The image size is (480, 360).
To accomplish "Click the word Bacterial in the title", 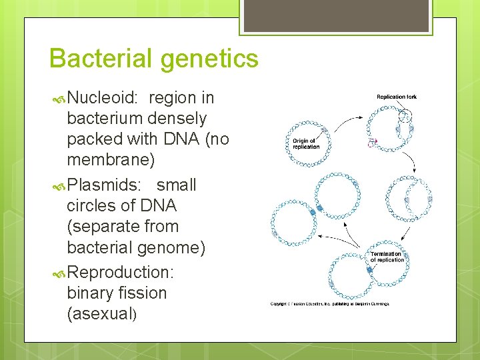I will click(x=101, y=58).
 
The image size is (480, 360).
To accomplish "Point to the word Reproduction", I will click(x=121, y=272).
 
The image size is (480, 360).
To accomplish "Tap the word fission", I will click(x=144, y=293).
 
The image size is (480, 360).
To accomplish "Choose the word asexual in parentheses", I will click(x=102, y=314).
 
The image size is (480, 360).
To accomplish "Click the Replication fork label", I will click(x=397, y=97).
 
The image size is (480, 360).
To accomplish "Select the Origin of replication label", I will click(x=306, y=143).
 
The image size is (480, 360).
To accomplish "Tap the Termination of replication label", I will click(x=387, y=257).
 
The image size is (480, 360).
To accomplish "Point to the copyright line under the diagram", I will click(x=329, y=304).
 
